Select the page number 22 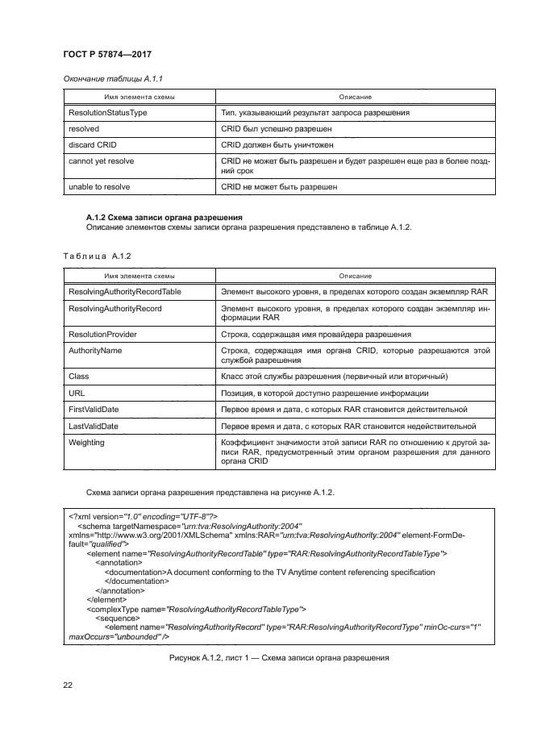[69, 685]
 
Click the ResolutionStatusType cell [108, 113]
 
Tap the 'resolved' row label [85, 128]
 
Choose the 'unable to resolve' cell [100, 186]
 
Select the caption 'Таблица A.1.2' [97, 256]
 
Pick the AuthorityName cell [96, 350]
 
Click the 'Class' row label [79, 377]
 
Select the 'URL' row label [77, 393]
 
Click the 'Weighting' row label [87, 442]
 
